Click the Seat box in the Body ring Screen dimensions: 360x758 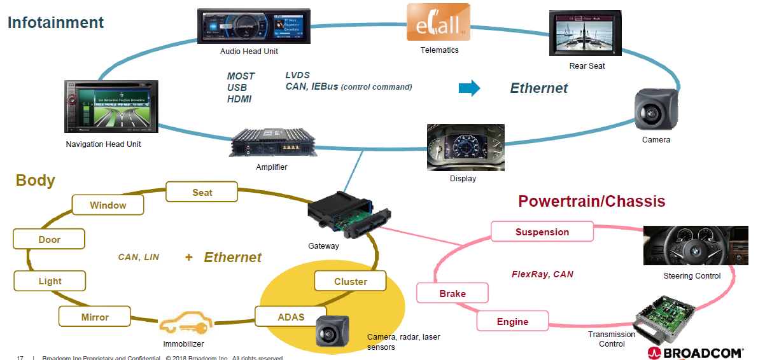point(202,192)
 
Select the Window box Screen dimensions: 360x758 point(108,205)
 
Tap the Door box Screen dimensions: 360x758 point(49,239)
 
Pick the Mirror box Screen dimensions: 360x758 point(94,317)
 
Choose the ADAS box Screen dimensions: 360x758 point(291,316)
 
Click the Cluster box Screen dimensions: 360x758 point(350,281)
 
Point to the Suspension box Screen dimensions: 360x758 point(542,232)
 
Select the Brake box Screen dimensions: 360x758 point(452,293)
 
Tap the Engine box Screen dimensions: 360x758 point(512,321)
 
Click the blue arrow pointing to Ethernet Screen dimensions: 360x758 point(469,88)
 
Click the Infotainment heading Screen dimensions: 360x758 point(55,22)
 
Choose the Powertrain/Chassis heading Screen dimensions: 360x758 point(591,202)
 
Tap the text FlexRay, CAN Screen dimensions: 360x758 point(542,274)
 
